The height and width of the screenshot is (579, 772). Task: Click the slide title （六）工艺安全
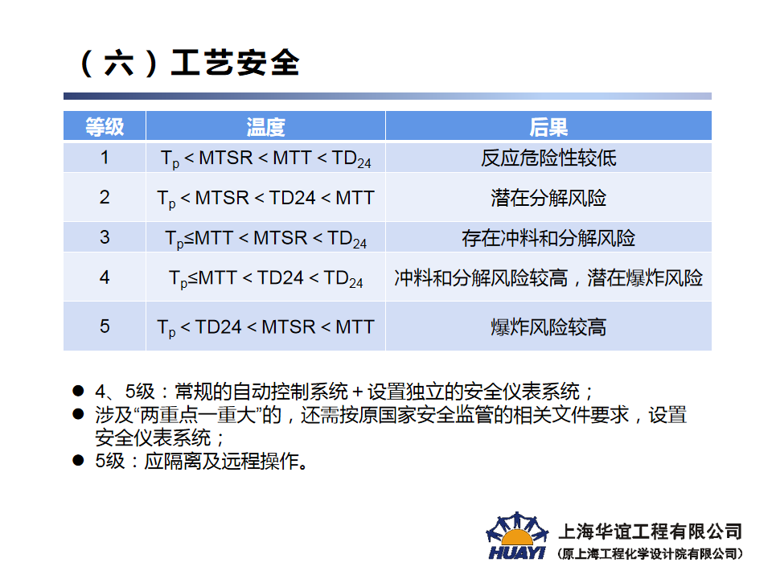click(188, 63)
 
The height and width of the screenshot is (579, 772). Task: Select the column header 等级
click(105, 127)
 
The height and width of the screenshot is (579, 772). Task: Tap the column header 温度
click(265, 127)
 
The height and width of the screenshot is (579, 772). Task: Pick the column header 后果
click(548, 127)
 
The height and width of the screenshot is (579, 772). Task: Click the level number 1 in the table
click(105, 158)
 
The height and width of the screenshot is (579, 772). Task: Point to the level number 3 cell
click(105, 237)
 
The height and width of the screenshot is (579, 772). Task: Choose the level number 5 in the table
click(105, 326)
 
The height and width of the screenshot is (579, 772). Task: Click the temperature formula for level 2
click(265, 199)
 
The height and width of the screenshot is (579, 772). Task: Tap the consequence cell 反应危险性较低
click(548, 158)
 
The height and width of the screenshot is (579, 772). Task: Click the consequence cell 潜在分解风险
click(548, 198)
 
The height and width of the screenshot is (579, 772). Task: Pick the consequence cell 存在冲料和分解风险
click(548, 238)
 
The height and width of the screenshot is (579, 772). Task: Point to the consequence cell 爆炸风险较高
click(548, 327)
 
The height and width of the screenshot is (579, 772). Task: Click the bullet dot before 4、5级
click(78, 391)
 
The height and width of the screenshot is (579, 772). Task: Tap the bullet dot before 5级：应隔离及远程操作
click(78, 460)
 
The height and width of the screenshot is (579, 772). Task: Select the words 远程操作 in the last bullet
click(260, 462)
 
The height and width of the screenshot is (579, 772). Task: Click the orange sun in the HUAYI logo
click(517, 537)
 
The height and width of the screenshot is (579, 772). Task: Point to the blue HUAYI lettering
click(517, 553)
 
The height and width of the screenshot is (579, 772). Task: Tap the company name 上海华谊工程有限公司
click(650, 532)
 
